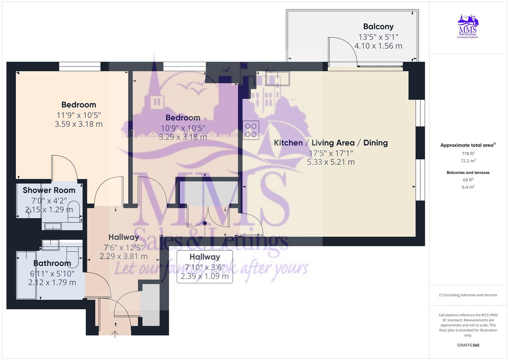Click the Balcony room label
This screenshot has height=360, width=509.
click(x=378, y=27)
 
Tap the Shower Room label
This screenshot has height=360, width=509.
click(x=49, y=190)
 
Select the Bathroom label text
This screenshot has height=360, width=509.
click(x=52, y=263)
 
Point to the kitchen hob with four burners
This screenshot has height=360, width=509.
click(x=251, y=130)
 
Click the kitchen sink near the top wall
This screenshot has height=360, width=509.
click(x=277, y=79)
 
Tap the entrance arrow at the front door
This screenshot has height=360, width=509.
click(x=115, y=334)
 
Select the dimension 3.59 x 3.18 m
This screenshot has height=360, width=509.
click(x=79, y=124)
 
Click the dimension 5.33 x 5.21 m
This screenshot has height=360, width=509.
click(x=331, y=162)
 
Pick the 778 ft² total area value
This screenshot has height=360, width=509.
click(x=468, y=154)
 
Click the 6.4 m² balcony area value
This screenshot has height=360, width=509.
click(x=468, y=187)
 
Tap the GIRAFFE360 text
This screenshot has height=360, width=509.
click(x=468, y=345)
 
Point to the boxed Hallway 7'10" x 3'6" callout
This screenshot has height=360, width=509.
click(x=205, y=267)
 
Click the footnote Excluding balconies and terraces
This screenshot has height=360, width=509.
click(x=468, y=295)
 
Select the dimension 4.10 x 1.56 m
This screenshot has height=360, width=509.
click(x=378, y=46)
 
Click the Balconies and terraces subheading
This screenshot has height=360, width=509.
click(x=468, y=173)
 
